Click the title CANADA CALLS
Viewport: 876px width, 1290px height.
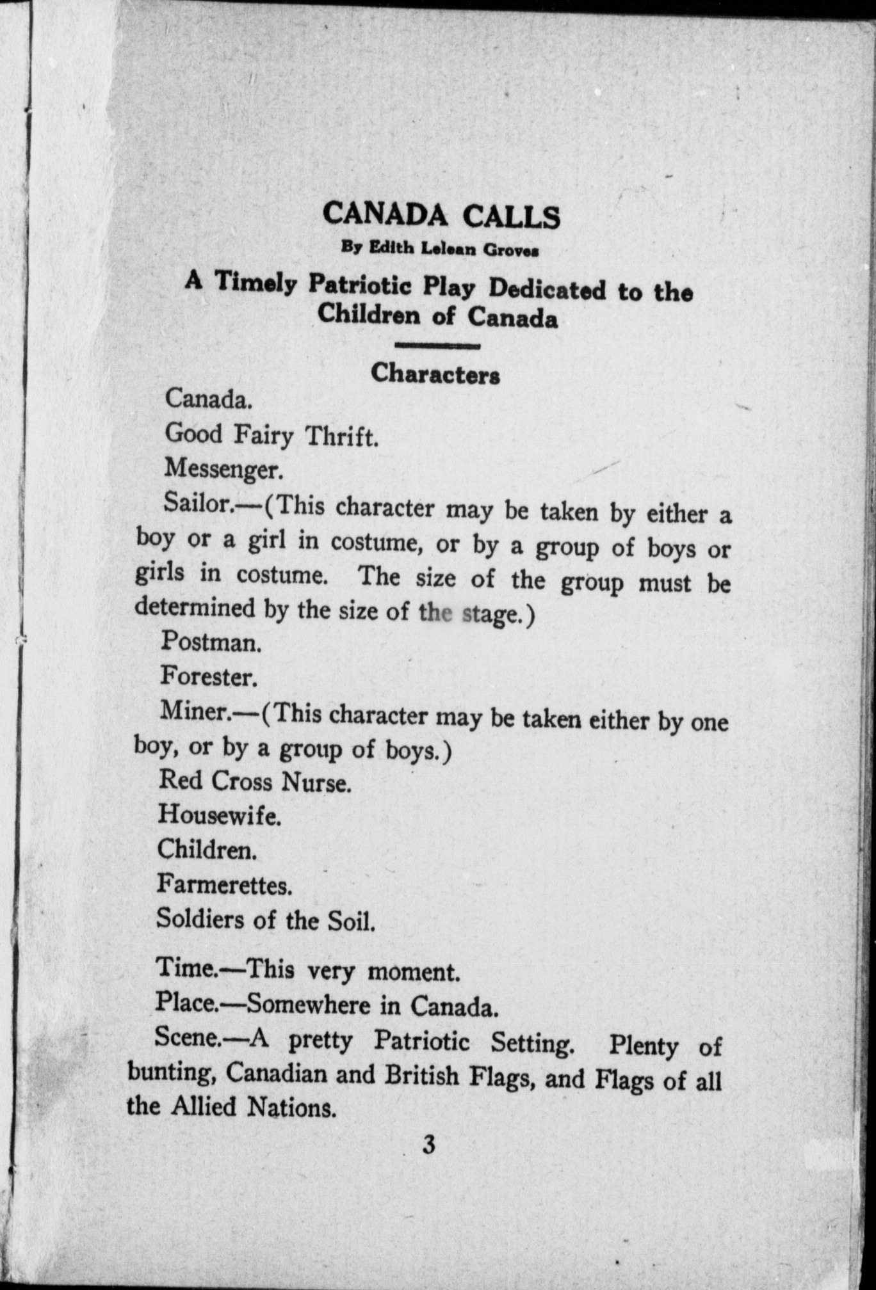click(x=441, y=216)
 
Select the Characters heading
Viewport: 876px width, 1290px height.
click(x=435, y=374)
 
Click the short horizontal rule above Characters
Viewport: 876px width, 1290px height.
click(x=438, y=346)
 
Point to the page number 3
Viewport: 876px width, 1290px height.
click(x=429, y=1143)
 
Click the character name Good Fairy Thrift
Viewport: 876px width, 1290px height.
click(x=272, y=435)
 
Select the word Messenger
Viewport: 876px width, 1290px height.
click(x=223, y=469)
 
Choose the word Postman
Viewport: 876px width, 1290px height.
click(x=211, y=642)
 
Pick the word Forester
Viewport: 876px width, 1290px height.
click(x=209, y=676)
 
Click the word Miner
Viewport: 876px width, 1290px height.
click(x=191, y=710)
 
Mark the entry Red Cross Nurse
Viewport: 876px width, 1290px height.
click(x=254, y=781)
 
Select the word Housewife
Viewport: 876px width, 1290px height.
click(x=219, y=815)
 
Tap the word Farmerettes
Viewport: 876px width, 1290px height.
click(x=224, y=885)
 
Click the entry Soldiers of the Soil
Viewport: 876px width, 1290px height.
click(x=266, y=920)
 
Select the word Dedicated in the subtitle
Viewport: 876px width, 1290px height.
click(x=547, y=289)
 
